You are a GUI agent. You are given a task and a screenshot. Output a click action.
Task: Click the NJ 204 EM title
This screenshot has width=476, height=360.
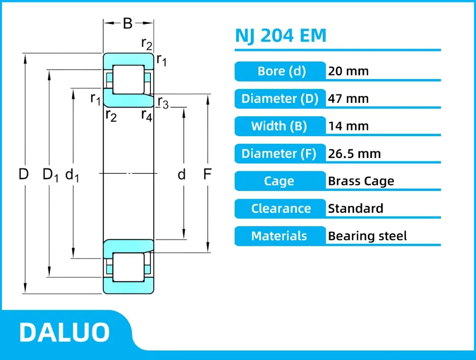click(281, 36)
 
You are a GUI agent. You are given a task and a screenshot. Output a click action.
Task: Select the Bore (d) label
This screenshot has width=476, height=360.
click(281, 71)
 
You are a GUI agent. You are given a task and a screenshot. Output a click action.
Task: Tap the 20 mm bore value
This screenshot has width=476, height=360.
click(348, 71)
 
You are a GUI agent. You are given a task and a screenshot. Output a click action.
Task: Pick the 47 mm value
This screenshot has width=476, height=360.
click(348, 99)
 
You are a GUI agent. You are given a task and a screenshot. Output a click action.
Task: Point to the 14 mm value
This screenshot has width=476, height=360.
click(348, 126)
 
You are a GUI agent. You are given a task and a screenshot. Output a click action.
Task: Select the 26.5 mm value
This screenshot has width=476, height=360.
click(354, 154)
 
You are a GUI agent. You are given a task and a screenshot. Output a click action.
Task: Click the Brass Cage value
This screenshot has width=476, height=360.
click(361, 181)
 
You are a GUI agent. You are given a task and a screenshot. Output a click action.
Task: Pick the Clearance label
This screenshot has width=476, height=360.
click(281, 209)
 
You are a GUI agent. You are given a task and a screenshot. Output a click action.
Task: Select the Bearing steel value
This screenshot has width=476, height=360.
click(367, 236)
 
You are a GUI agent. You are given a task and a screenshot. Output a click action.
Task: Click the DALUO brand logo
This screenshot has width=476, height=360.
click(65, 332)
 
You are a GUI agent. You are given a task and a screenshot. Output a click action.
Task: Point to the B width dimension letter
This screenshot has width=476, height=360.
click(128, 23)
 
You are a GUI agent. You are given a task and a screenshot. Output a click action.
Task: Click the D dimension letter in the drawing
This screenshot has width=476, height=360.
click(24, 175)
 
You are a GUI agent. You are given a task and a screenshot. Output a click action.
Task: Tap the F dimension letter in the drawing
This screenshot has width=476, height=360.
click(207, 175)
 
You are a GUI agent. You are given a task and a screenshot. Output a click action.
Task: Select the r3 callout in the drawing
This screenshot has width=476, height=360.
click(163, 103)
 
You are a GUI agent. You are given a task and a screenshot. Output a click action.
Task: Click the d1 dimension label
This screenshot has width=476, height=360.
click(72, 175)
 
